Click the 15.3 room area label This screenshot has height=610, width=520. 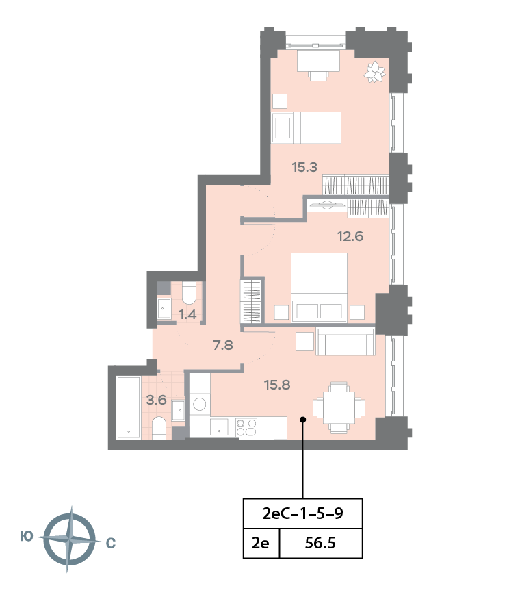coord(304,167)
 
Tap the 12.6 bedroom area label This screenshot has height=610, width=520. coord(350,236)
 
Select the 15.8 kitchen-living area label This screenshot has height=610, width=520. coord(277,385)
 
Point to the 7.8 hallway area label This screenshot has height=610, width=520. coord(223,344)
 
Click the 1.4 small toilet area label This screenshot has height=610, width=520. coord(187,314)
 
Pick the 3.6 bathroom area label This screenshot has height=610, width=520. coord(157,400)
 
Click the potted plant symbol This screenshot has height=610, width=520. coord(375,72)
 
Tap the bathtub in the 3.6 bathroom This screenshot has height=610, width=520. coord(129,407)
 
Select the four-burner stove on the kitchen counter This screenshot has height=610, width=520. coord(246,427)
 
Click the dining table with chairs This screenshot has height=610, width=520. coord(339,408)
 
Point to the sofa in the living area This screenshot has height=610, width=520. coord(346,342)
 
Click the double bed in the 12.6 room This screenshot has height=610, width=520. coord(319,288)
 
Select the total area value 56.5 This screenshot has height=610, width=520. coord(320,543)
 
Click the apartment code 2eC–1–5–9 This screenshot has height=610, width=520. coord(302,513)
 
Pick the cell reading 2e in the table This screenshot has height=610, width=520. coord(261,543)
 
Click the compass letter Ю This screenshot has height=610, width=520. coord(27,537)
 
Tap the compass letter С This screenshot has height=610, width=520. coord(111,543)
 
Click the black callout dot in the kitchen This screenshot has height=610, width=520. coord(302,420)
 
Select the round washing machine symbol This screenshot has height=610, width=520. coord(200,404)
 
